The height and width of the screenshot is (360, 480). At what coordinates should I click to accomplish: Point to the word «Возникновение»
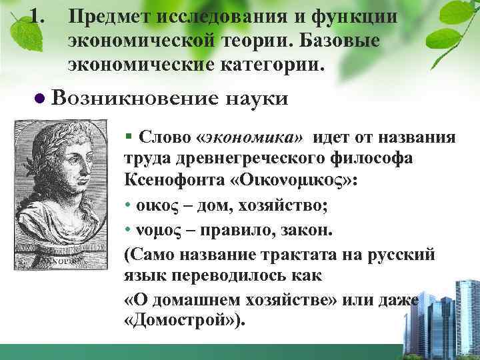[x=134, y=99]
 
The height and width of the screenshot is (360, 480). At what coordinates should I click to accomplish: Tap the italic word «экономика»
[x=255, y=138]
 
